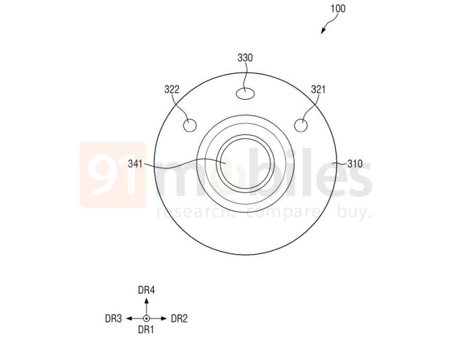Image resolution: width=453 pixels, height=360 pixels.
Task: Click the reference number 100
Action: [338, 9]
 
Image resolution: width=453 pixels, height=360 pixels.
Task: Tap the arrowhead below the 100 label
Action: [323, 30]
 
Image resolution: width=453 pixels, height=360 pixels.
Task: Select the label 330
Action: [245, 58]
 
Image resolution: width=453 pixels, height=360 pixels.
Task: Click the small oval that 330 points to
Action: [245, 93]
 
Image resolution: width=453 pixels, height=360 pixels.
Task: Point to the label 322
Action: [172, 90]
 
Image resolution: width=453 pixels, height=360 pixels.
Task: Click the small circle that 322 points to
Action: [190, 126]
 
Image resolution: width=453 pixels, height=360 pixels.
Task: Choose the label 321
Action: [318, 90]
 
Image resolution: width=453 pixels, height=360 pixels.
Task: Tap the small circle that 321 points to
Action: [301, 126]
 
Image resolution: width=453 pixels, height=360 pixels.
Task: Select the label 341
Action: [135, 164]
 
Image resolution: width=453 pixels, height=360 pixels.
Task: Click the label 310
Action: [354, 164]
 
